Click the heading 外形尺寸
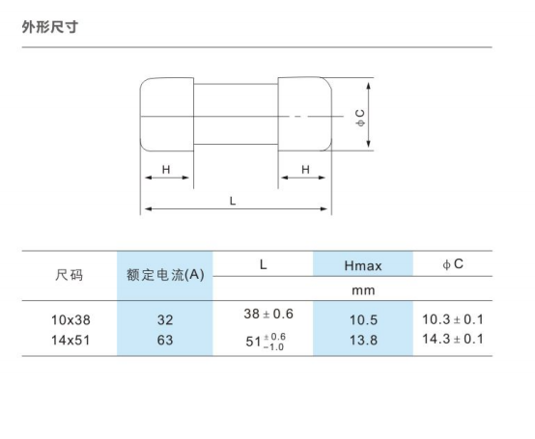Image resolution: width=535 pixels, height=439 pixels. pos(50,27)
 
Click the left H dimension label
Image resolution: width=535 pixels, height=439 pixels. pos(166,170)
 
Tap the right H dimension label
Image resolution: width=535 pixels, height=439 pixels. pos(305,170)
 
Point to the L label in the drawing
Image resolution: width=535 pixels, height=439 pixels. pos(233,201)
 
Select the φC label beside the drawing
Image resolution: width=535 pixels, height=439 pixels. pos(360,119)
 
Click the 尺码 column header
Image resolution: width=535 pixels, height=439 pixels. pos(69,275)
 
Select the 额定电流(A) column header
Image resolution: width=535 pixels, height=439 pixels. pos(165,275)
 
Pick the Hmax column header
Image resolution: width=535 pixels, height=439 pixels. pos(363,266)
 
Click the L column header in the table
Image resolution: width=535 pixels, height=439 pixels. pos(263,264)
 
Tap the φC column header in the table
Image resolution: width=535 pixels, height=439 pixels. pos(453,264)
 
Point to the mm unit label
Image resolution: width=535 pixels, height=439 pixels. pos(363,290)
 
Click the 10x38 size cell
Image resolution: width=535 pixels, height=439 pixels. pos(70,320)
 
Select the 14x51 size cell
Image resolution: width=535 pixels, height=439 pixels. pos(70,341)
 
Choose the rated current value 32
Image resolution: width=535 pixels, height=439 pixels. pos(165,320)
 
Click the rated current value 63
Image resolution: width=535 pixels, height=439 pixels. pos(165,341)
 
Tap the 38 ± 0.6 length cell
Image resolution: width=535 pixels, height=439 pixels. pos(268,314)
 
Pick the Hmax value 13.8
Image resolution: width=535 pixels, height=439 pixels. pos(363,341)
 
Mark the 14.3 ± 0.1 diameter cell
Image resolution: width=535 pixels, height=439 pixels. pos(453,339)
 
